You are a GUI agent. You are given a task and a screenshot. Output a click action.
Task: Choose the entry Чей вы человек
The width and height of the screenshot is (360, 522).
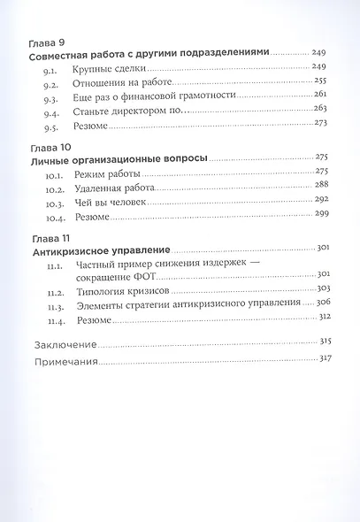(x=111, y=204)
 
